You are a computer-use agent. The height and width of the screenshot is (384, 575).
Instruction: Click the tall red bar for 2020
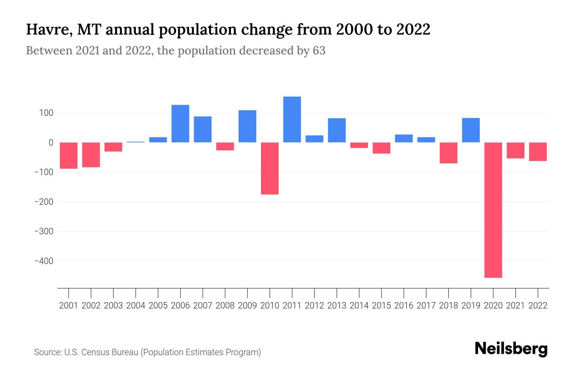493,210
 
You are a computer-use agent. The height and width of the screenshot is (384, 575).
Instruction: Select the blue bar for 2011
292,119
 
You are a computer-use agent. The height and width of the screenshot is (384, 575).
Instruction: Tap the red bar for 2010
270,168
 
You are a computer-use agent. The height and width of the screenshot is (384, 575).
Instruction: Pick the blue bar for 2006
180,124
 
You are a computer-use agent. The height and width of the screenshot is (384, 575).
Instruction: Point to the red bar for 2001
69,156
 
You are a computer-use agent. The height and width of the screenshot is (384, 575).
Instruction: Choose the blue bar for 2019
471,130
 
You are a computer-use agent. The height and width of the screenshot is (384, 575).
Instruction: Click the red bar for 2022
538,152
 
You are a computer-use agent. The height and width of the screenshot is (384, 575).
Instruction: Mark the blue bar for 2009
247,126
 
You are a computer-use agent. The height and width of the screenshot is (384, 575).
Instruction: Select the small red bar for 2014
359,145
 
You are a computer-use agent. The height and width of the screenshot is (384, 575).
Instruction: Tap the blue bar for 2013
337,130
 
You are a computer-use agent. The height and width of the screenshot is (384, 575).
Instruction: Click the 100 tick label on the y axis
46,113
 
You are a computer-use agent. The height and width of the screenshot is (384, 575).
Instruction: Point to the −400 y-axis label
44,261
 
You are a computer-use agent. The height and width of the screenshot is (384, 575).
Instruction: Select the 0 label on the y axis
51,143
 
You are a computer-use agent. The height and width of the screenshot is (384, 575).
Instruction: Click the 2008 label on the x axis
225,306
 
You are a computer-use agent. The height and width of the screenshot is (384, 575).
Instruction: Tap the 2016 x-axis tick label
404,306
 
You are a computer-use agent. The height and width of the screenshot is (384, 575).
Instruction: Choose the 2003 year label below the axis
113,306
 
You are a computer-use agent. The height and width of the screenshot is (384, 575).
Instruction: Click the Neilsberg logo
511,349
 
